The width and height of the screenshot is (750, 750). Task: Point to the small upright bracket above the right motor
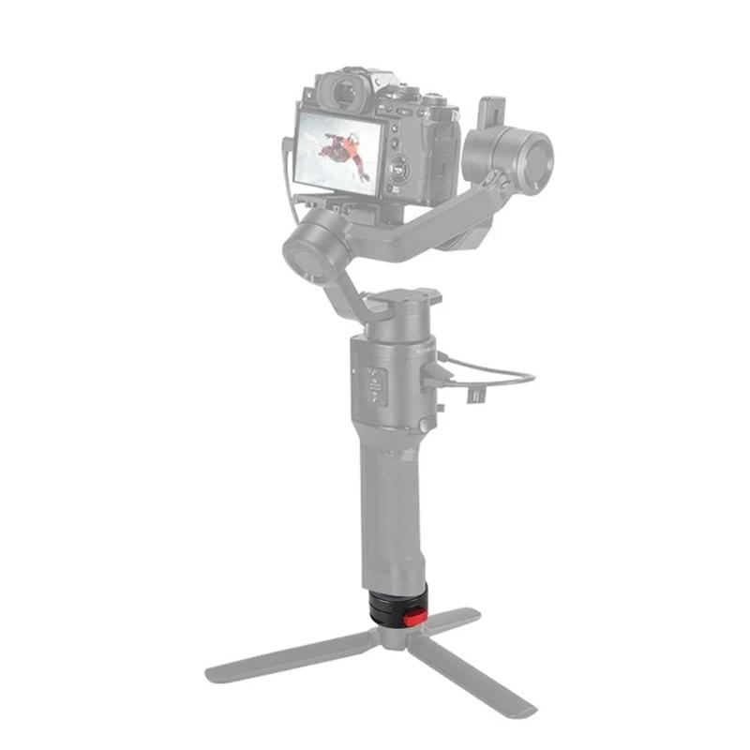[491, 112]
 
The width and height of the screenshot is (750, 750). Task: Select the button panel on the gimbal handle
[375, 385]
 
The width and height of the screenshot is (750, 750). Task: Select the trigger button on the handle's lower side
[427, 427]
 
